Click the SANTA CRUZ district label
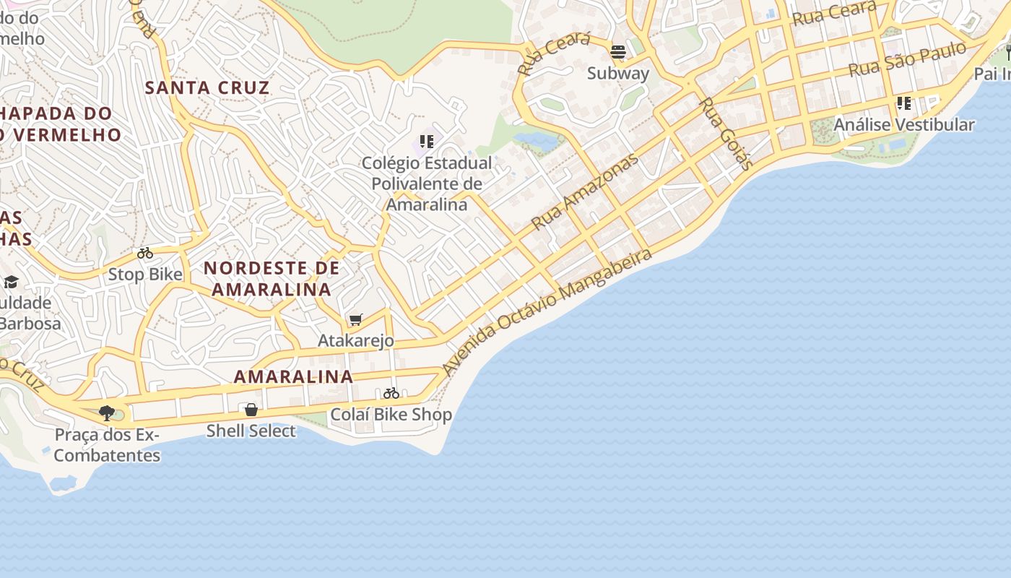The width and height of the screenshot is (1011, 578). pyautogui.click(x=207, y=88)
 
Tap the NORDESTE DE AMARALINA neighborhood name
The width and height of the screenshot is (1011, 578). pyautogui.click(x=271, y=279)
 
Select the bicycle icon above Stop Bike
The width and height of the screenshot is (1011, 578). pyautogui.click(x=145, y=254)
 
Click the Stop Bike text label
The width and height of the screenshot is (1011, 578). pyautogui.click(x=145, y=275)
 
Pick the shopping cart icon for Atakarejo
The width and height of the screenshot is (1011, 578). pyautogui.click(x=355, y=319)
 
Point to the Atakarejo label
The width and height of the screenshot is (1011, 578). pyautogui.click(x=356, y=340)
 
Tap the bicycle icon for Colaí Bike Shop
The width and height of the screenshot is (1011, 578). pyautogui.click(x=391, y=394)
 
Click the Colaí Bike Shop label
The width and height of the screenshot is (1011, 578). pyautogui.click(x=391, y=415)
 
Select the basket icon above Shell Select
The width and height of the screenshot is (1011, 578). pyautogui.click(x=251, y=410)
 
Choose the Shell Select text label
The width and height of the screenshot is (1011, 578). pyautogui.click(x=251, y=431)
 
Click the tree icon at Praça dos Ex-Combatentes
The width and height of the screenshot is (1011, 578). pyautogui.click(x=107, y=413)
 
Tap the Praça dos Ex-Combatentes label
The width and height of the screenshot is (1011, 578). pyautogui.click(x=107, y=445)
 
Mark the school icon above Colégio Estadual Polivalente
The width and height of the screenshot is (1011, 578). pyautogui.click(x=426, y=142)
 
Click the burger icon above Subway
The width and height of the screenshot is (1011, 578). pyautogui.click(x=617, y=52)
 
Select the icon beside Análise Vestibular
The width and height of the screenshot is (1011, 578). pyautogui.click(x=903, y=103)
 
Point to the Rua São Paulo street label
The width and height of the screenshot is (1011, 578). pyautogui.click(x=907, y=60)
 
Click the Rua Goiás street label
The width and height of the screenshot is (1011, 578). pyautogui.click(x=726, y=134)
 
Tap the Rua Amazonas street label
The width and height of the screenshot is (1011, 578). pyautogui.click(x=585, y=192)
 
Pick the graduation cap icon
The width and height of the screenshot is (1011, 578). pyautogui.click(x=11, y=282)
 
